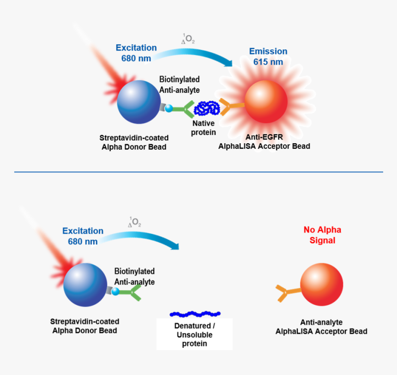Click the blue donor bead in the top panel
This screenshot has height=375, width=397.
tap(138, 102)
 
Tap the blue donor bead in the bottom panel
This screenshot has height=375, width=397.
tap(85, 284)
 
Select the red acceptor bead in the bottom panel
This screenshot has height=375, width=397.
tap(321, 284)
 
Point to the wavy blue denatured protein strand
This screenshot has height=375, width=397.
tap(195, 314)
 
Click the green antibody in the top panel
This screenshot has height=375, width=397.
tap(184, 109)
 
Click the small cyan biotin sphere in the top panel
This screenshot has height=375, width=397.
tap(169, 109)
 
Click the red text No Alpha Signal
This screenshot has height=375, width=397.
tap(322, 235)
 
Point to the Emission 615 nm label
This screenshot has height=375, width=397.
tap(268, 56)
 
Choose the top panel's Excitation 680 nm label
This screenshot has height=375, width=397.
tap(136, 53)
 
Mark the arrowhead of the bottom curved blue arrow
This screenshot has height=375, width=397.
tap(174, 245)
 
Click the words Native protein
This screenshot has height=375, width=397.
tap(204, 128)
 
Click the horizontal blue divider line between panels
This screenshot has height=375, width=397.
tap(198, 172)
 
